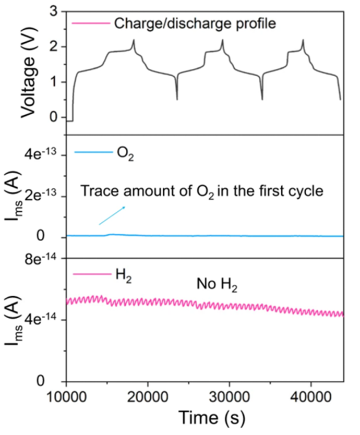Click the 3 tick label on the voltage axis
tap(54, 11)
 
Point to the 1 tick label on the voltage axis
tap(54, 82)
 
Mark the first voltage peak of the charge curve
tap(134, 40)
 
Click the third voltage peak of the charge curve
tap(303, 40)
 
